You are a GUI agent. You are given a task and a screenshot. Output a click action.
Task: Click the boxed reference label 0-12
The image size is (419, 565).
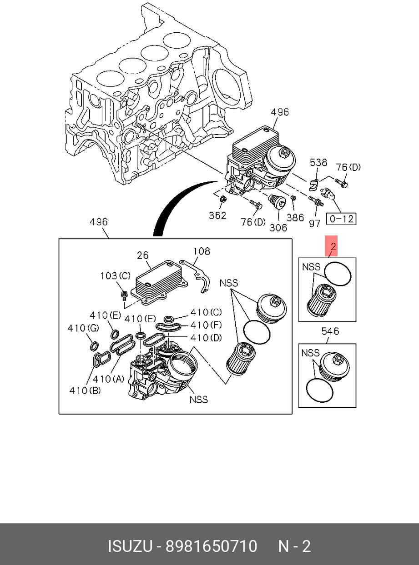pyautogui.click(x=341, y=219)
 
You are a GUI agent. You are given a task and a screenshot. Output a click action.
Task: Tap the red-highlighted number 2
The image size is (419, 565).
pyautogui.click(x=333, y=247)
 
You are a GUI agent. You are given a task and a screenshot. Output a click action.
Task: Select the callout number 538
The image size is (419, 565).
pyautogui.click(x=318, y=162)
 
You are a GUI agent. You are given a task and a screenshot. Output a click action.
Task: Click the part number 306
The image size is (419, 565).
pyautogui.click(x=278, y=227)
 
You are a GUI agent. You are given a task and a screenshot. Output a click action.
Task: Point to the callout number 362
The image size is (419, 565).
pyautogui.click(x=217, y=215)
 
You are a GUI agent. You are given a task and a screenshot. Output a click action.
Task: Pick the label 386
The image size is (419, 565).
pyautogui.click(x=295, y=218)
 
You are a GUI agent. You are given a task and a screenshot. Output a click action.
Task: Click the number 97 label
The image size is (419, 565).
pyautogui.click(x=314, y=223)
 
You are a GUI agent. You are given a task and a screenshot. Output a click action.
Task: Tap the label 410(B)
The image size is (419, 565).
pyautogui.click(x=85, y=390)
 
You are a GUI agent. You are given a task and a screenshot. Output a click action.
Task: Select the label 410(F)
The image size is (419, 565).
pyautogui.click(x=206, y=325)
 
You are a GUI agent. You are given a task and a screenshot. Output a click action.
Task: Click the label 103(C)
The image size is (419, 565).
pyautogui.click(x=116, y=276)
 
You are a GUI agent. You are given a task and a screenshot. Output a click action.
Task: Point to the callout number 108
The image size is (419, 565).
pyautogui.click(x=202, y=250)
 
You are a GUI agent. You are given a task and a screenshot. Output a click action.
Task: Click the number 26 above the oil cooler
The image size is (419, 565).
pyautogui.click(x=143, y=255)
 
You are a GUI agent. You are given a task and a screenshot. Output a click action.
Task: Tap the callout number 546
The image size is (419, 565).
pyautogui.click(x=330, y=331)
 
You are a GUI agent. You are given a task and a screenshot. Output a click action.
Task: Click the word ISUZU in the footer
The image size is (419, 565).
pyautogui.click(x=130, y=546)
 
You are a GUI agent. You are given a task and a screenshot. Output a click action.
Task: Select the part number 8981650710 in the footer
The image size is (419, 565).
pyautogui.click(x=211, y=546)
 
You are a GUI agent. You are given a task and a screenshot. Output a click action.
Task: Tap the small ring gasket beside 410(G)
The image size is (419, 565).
pyautogui.click(x=95, y=346)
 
